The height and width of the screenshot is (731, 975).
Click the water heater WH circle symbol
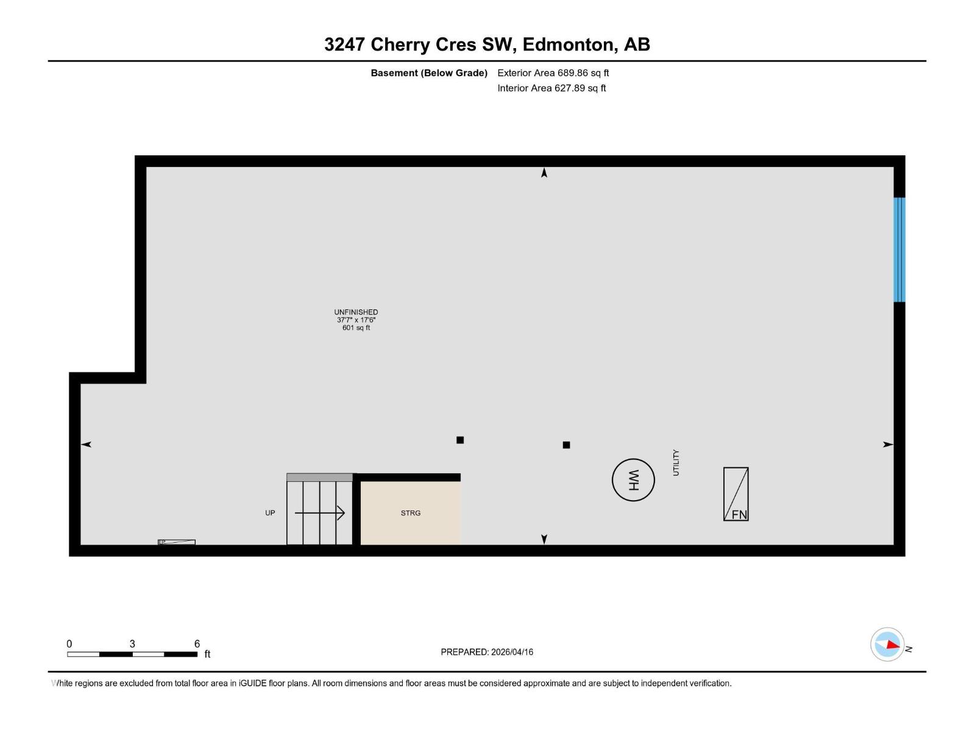[633, 480]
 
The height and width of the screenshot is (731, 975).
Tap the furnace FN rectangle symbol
[736, 494]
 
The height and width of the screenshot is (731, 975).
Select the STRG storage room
[410, 513]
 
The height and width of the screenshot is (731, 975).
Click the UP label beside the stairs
[270, 513]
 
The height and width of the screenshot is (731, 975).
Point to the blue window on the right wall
[899, 250]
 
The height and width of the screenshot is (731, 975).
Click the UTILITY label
[676, 463]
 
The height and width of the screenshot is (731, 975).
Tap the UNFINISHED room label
[356, 312]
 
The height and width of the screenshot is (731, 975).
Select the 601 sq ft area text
[356, 328]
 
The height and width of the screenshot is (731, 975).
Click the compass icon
[887, 644]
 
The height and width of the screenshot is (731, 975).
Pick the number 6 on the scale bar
[197, 643]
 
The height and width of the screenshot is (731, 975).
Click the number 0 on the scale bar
[69, 643]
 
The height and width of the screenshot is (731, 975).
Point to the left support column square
[460, 440]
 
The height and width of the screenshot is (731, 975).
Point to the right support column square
[566, 445]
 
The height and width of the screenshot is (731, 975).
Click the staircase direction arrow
[321, 513]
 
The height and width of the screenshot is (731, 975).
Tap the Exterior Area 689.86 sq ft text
[553, 73]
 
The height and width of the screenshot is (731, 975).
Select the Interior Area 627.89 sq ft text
[551, 88]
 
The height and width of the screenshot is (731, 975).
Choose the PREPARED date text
[487, 652]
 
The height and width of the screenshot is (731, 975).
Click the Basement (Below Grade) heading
[429, 73]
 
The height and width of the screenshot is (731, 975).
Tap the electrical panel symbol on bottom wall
[177, 542]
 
